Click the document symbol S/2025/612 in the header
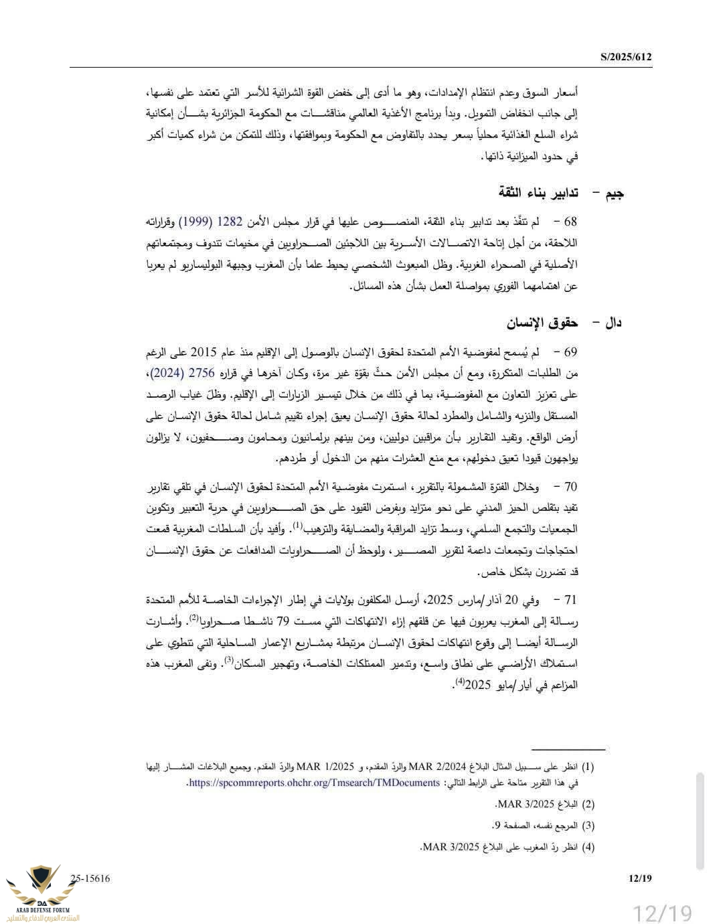(x=626, y=57)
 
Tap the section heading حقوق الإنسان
(x=542, y=323)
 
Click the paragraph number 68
(x=570, y=222)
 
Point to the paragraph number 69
(x=570, y=352)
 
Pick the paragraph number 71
(x=570, y=600)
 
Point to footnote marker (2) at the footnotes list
(x=588, y=804)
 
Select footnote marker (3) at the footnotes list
(x=588, y=826)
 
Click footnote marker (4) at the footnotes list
(x=588, y=847)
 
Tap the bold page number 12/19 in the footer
(x=640, y=878)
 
